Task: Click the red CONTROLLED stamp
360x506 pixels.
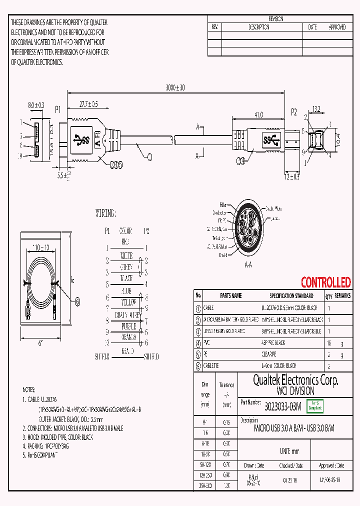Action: (x=325, y=282)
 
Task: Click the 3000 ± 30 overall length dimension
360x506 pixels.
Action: (x=174, y=87)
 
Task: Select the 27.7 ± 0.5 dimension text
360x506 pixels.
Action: (x=88, y=104)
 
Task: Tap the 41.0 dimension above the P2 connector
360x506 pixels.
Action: (x=258, y=114)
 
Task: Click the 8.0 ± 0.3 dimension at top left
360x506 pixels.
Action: (x=35, y=105)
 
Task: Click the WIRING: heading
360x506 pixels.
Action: (x=105, y=213)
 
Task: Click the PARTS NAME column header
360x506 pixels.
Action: (x=230, y=296)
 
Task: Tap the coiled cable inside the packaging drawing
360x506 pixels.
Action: (x=40, y=286)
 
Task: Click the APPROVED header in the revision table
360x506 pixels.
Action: (x=337, y=27)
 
